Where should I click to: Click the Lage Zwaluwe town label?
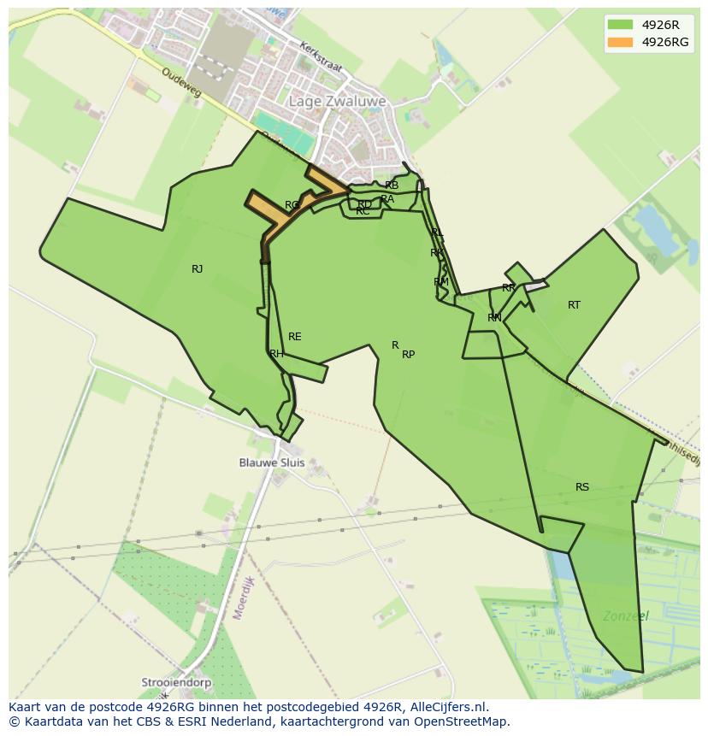coord(337,101)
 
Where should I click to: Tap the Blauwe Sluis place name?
coord(271,462)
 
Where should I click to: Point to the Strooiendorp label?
coord(177,683)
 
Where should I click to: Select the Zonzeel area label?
coord(625,615)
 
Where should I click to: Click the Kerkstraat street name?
coord(320,56)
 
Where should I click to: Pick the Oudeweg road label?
coord(180,82)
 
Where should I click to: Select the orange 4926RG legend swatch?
coord(621,42)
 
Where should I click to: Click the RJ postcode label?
coord(198,269)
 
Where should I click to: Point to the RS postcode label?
coord(582,487)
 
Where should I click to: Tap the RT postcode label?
coord(574,305)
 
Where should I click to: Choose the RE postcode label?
coord(295,337)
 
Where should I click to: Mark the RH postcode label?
coord(276,354)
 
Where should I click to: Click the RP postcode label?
coord(409,355)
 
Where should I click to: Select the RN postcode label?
coord(494,318)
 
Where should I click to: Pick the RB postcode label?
coord(392,185)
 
